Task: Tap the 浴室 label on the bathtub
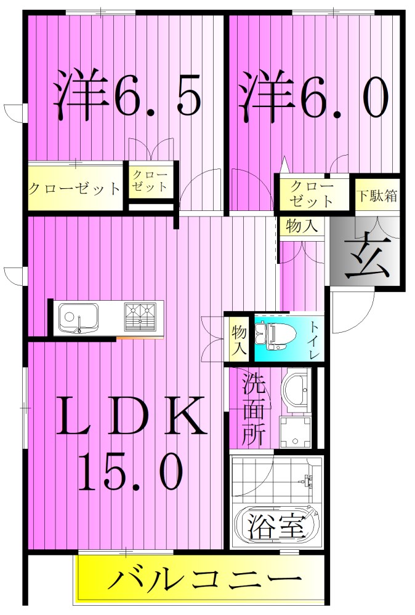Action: click(x=277, y=526)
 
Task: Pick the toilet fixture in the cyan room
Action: click(x=271, y=339)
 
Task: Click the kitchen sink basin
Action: click(x=78, y=317)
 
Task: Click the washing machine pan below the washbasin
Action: click(x=294, y=432)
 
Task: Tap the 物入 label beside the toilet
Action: click(x=239, y=339)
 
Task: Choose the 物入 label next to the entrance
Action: click(x=302, y=226)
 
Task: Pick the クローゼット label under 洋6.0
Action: click(x=312, y=194)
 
